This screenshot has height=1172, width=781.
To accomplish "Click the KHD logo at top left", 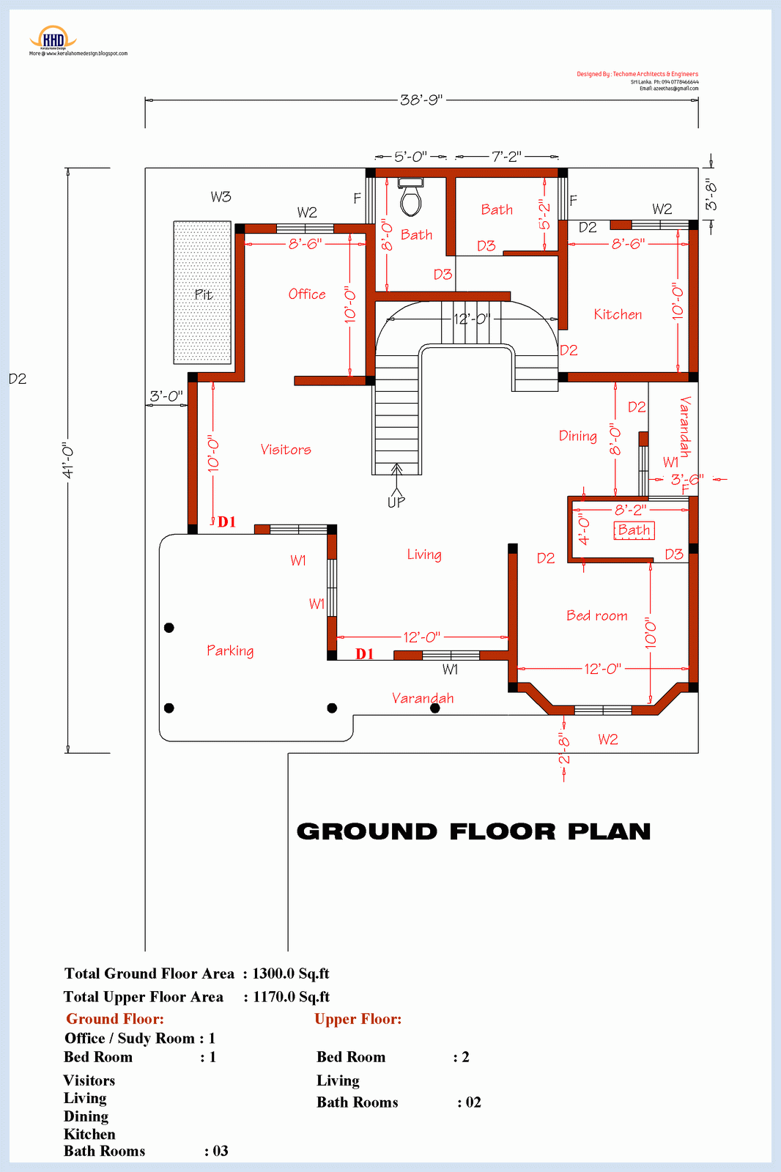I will click(x=53, y=39).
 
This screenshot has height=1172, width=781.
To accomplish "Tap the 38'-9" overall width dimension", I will click(x=421, y=100).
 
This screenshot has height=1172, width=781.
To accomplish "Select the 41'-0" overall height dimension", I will click(x=68, y=460).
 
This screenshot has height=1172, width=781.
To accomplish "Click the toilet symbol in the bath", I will click(x=410, y=197).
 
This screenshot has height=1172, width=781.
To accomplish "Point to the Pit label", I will click(x=204, y=294).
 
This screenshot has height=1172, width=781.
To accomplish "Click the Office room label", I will click(x=307, y=294).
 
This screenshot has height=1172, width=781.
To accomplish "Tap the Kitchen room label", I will click(x=618, y=314).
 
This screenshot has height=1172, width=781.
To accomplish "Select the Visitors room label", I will click(x=286, y=450).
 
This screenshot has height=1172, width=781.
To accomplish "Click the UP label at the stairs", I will click(x=396, y=502).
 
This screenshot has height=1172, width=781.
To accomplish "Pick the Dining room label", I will click(x=577, y=436).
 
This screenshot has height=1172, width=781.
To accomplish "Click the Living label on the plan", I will click(x=424, y=555).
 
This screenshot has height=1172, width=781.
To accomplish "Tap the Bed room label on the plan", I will click(x=596, y=616).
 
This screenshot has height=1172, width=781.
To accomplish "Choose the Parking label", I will click(x=230, y=650).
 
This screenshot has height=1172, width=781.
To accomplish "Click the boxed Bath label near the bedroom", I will click(x=634, y=530).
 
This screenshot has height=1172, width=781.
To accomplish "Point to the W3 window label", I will click(x=221, y=196).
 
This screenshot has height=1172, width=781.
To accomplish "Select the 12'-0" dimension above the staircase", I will click(x=472, y=319).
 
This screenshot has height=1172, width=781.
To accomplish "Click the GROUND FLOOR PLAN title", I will click(x=473, y=831).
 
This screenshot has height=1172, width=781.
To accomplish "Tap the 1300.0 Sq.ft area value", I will click(x=290, y=973).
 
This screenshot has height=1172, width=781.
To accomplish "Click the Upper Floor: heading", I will click(x=358, y=1019).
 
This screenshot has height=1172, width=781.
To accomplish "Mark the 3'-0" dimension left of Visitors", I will click(x=166, y=396).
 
